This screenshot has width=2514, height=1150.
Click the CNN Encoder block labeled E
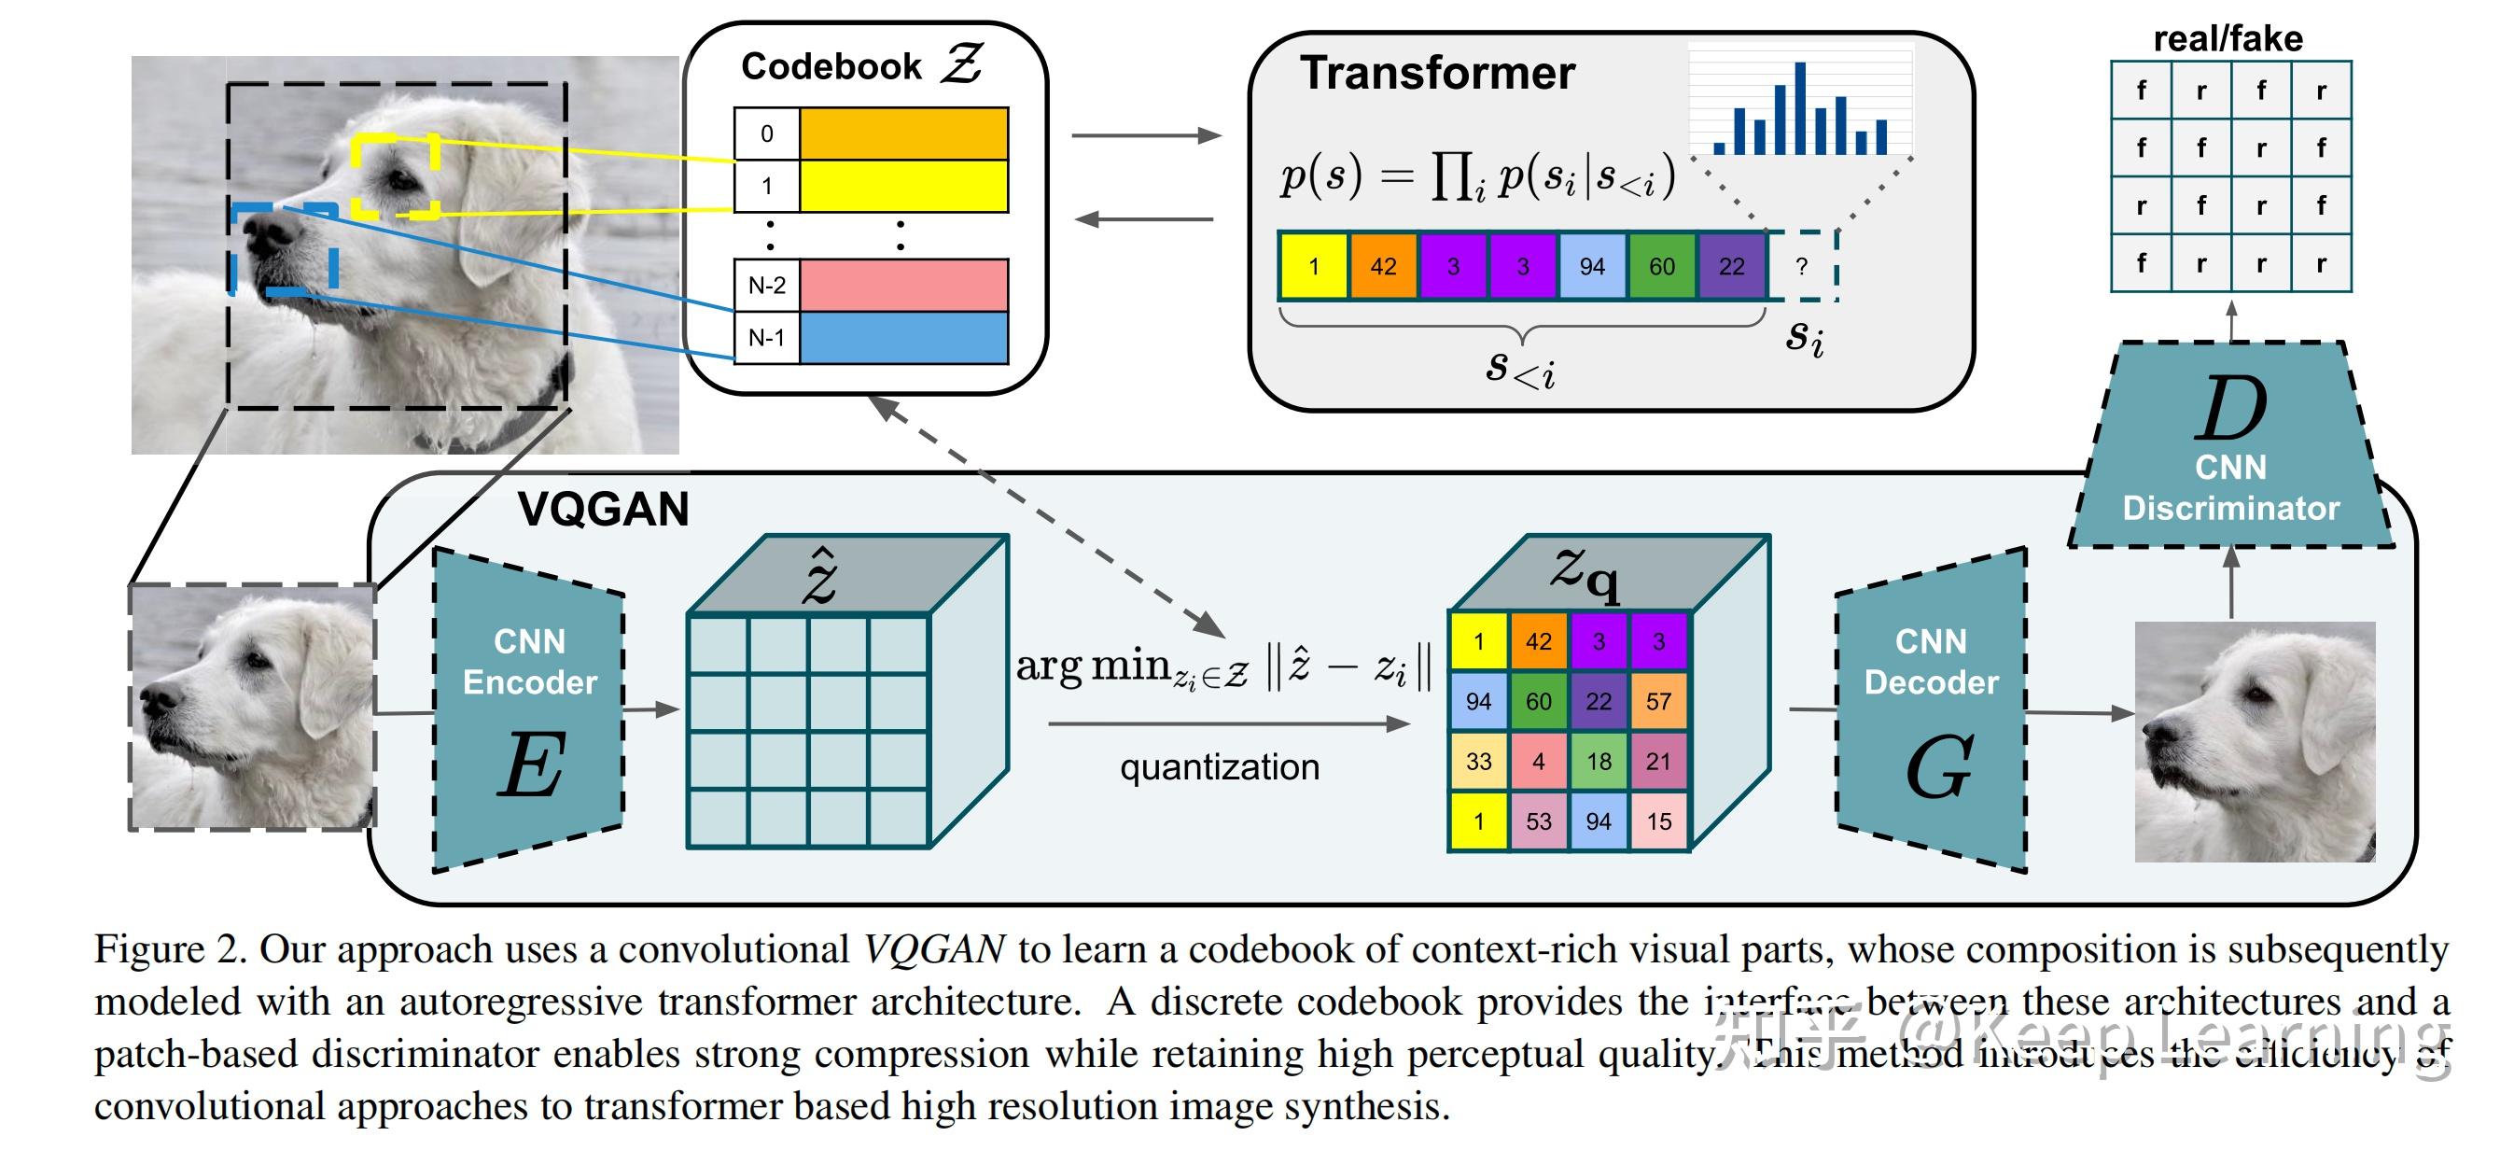pyautogui.click(x=528, y=710)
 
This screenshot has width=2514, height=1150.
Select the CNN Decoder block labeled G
pyautogui.click(x=1931, y=710)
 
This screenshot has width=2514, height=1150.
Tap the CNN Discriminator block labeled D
pyautogui.click(x=2230, y=449)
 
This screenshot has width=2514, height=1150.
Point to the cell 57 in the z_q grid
pyautogui.click(x=1658, y=701)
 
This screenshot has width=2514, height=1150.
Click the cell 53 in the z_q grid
pyautogui.click(x=1538, y=821)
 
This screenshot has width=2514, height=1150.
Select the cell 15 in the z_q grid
pyautogui.click(x=1658, y=821)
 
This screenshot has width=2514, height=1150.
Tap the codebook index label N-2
pyautogui.click(x=766, y=285)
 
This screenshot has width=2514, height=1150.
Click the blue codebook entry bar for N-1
pyautogui.click(x=903, y=338)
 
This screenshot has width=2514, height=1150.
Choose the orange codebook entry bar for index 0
pyautogui.click(x=903, y=133)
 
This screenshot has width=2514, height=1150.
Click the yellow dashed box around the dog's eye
pyautogui.click(x=396, y=175)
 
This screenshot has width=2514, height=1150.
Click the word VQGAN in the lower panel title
pyautogui.click(x=603, y=510)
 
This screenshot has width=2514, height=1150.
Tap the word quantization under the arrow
pyautogui.click(x=1219, y=767)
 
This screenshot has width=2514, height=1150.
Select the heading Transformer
pyautogui.click(x=1437, y=73)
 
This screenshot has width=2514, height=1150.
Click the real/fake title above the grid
pyautogui.click(x=2228, y=39)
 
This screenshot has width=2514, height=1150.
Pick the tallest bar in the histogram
pyautogui.click(x=1799, y=108)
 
